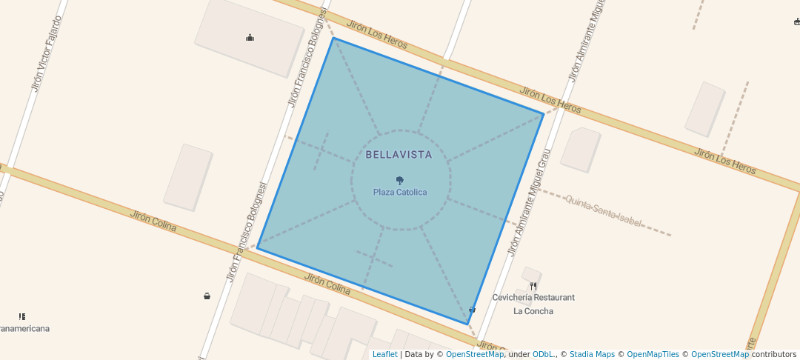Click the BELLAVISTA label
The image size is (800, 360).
[399, 155]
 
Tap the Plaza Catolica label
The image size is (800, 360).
[400, 193]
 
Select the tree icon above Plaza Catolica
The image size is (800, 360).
[400, 180]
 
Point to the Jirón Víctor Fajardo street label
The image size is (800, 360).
[45, 53]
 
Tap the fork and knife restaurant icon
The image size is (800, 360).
[533, 286]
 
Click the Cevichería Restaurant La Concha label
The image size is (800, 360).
[533, 304]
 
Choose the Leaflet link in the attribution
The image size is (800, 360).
[384, 354]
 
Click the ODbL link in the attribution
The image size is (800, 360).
[543, 354]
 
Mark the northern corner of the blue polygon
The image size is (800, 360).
[333, 38]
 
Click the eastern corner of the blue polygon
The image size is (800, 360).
[544, 114]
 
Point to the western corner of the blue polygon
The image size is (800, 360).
[257, 248]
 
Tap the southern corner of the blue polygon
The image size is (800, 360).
[467, 324]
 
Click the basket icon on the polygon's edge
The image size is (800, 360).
[472, 310]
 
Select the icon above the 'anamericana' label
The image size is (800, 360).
[22, 316]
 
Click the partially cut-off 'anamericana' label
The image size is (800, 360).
[24, 329]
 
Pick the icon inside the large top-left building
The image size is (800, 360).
[250, 38]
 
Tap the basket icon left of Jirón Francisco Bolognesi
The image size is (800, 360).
[207, 296]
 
